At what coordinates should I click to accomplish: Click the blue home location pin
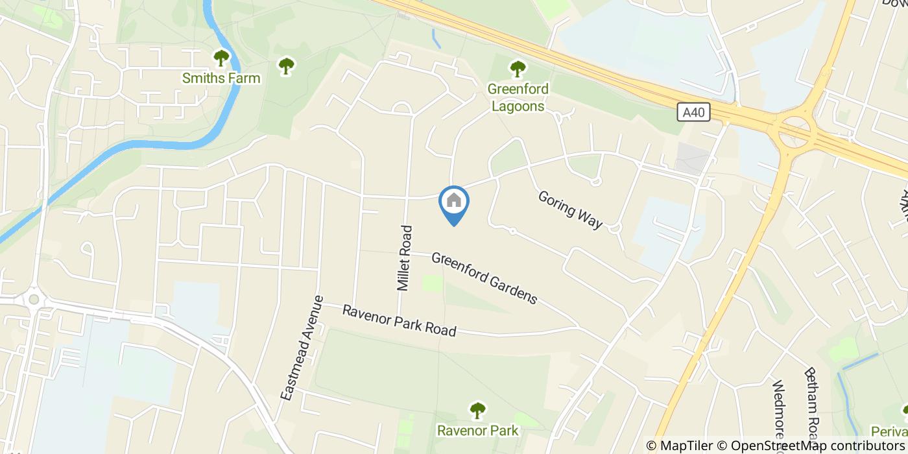454,202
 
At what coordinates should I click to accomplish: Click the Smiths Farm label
221,78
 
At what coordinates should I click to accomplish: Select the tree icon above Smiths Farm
222,58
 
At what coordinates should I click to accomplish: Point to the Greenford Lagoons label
518,97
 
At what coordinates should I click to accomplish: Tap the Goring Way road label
570,209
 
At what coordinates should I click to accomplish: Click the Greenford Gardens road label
484,278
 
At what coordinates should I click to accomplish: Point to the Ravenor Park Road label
399,320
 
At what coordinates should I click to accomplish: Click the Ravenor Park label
477,430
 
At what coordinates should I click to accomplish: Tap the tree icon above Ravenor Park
477,410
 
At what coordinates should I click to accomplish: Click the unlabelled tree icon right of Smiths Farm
286,66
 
